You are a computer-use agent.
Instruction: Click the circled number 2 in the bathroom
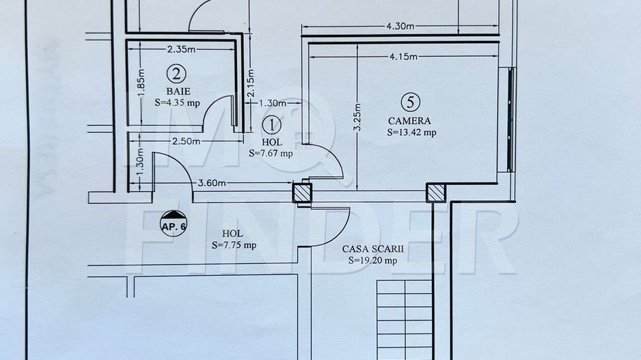click(177, 72)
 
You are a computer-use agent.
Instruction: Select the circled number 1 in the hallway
click(272, 124)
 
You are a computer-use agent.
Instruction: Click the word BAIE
click(178, 90)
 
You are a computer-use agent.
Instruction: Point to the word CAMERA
click(409, 120)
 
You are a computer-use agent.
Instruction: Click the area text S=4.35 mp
click(178, 103)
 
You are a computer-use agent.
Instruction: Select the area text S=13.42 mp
click(411, 133)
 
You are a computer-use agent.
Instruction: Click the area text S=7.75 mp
click(234, 245)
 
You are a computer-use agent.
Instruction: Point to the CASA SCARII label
click(373, 249)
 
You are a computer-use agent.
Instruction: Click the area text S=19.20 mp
click(372, 260)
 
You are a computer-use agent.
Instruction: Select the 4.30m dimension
click(400, 27)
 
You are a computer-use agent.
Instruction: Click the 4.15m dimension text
click(403, 57)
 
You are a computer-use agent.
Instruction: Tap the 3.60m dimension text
click(213, 182)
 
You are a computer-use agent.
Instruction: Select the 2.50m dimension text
click(186, 141)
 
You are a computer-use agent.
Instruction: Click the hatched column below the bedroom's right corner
click(436, 193)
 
